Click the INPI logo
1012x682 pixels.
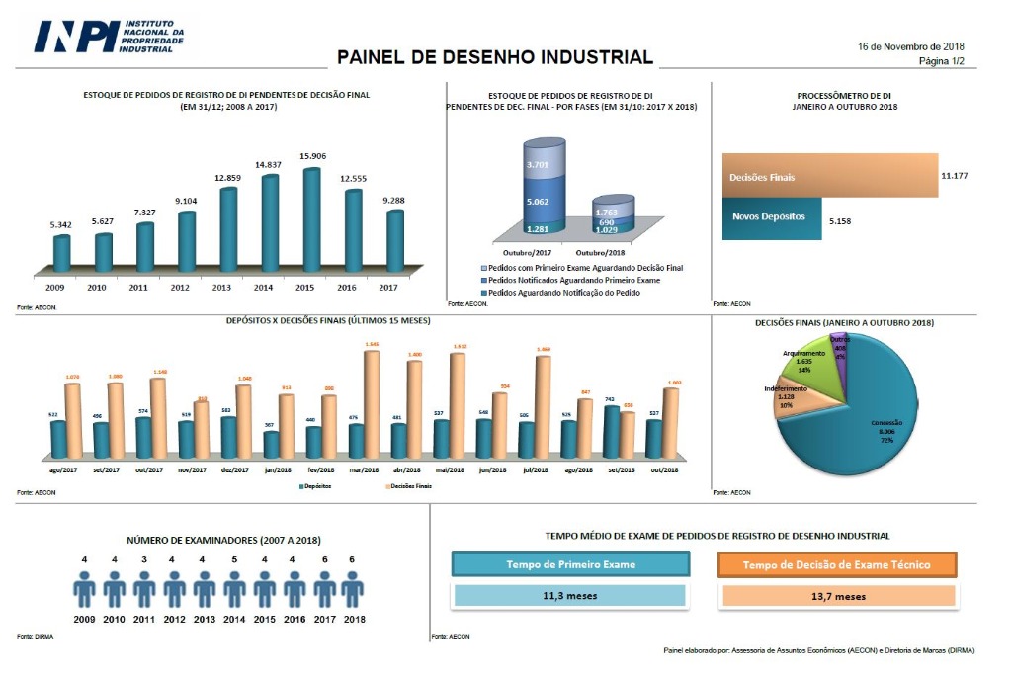(109, 38)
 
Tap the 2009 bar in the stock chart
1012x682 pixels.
(62, 253)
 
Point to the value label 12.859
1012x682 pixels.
(227, 178)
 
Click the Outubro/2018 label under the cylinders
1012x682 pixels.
(613, 253)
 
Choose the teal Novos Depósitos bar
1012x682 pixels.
(771, 216)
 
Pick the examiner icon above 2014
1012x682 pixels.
(234, 590)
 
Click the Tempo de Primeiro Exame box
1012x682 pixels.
(570, 564)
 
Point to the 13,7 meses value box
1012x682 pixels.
(838, 596)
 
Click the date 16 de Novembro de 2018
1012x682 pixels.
(910, 46)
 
